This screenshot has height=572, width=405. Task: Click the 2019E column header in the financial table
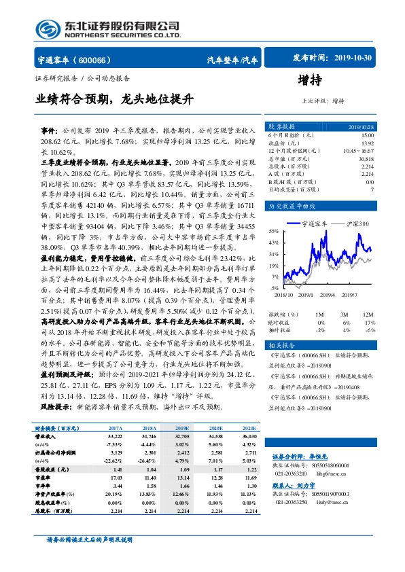(x=181, y=429)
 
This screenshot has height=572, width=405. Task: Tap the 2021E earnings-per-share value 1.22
(x=251, y=469)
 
